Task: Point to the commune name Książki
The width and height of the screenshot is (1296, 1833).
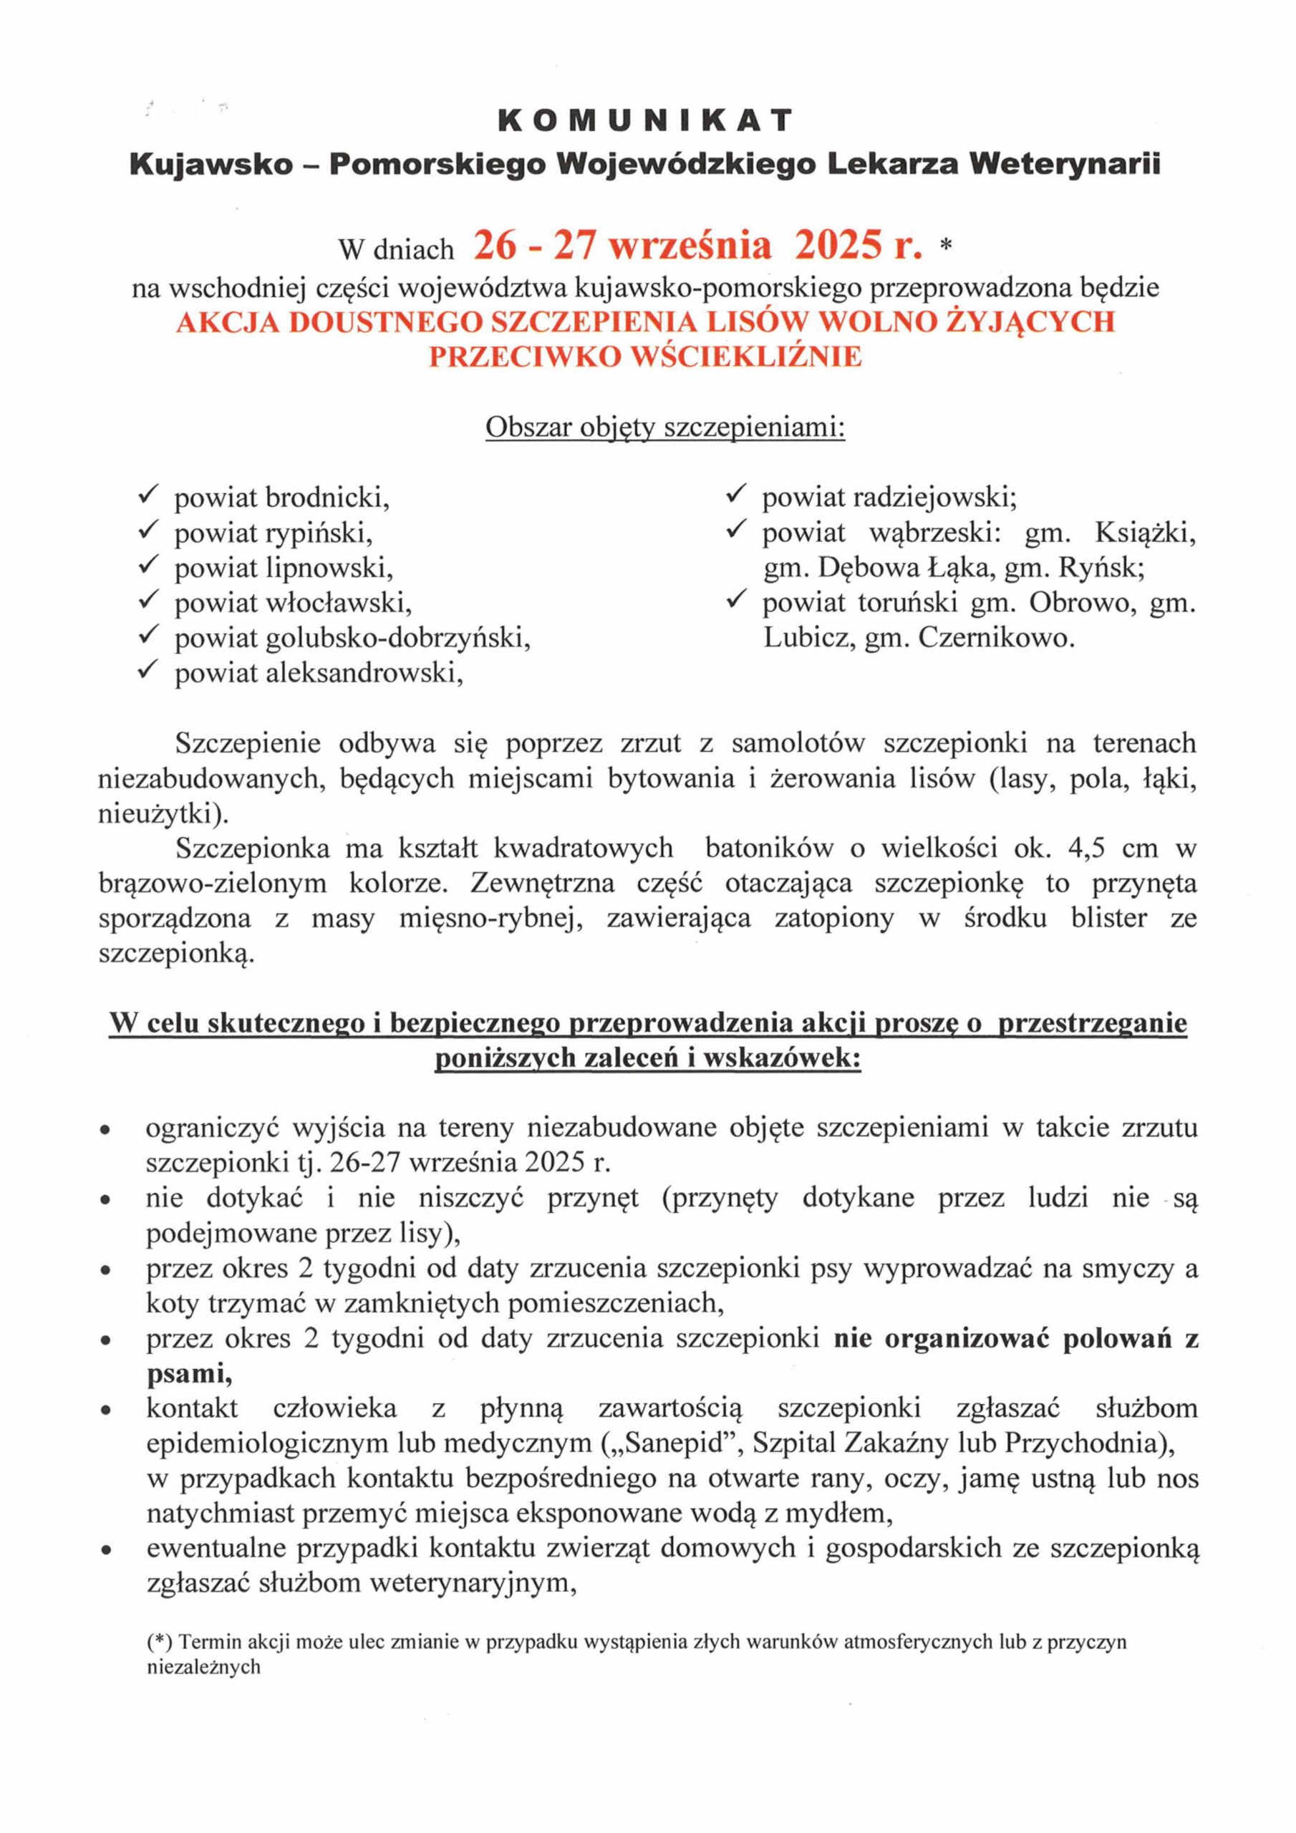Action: click(x=1146, y=533)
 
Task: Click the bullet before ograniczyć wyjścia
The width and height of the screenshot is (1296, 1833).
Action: click(x=104, y=1131)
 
